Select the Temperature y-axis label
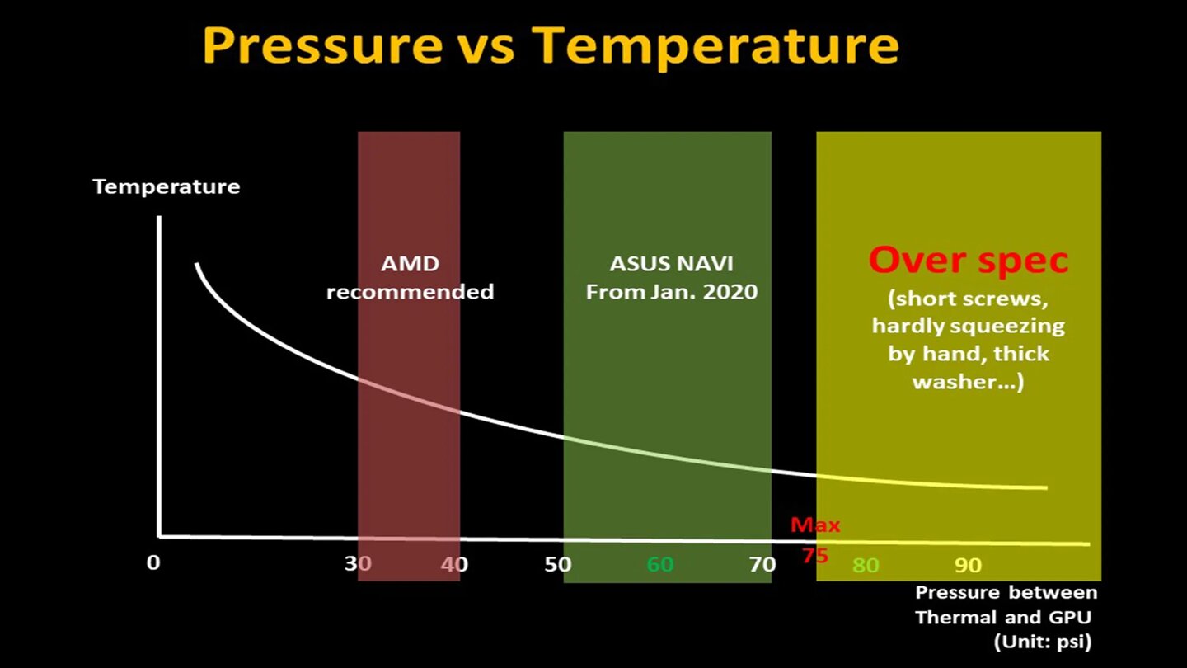167,186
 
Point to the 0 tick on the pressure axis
153,564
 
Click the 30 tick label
358,564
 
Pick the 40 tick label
454,564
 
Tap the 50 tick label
558,564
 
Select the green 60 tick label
660,564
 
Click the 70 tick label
762,564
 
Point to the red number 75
814,557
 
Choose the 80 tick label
866,566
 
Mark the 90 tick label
969,566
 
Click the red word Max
815,525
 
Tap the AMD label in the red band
410,265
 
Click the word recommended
410,292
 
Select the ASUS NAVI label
671,265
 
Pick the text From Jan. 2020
671,292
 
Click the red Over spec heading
969,261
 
